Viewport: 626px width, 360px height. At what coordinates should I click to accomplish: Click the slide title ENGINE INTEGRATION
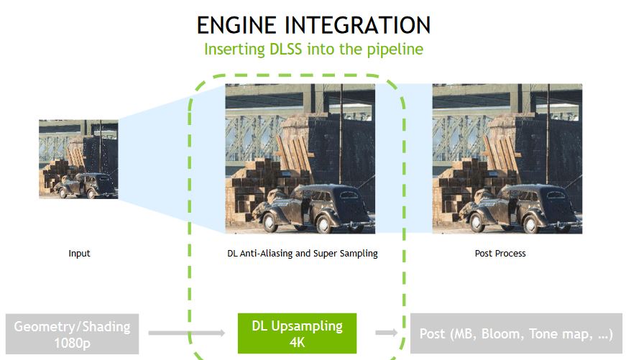[x=313, y=25]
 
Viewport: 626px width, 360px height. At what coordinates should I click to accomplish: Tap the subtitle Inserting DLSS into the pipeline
[x=313, y=50]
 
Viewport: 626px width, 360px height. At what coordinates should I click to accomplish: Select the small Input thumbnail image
[x=78, y=159]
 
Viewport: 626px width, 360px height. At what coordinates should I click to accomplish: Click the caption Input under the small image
[x=79, y=254]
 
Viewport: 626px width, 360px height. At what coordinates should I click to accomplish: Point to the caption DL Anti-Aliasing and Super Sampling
[x=300, y=254]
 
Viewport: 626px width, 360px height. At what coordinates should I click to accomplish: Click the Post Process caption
[x=500, y=254]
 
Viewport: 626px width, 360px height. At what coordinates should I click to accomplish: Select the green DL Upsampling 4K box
[x=297, y=333]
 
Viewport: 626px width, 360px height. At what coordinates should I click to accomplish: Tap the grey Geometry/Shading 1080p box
[x=72, y=333]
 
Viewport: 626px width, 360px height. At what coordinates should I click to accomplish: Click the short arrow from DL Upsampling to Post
[x=387, y=333]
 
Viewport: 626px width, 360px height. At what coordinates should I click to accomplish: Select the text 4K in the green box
[x=297, y=342]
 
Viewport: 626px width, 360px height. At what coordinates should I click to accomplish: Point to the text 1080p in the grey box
[x=72, y=343]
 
